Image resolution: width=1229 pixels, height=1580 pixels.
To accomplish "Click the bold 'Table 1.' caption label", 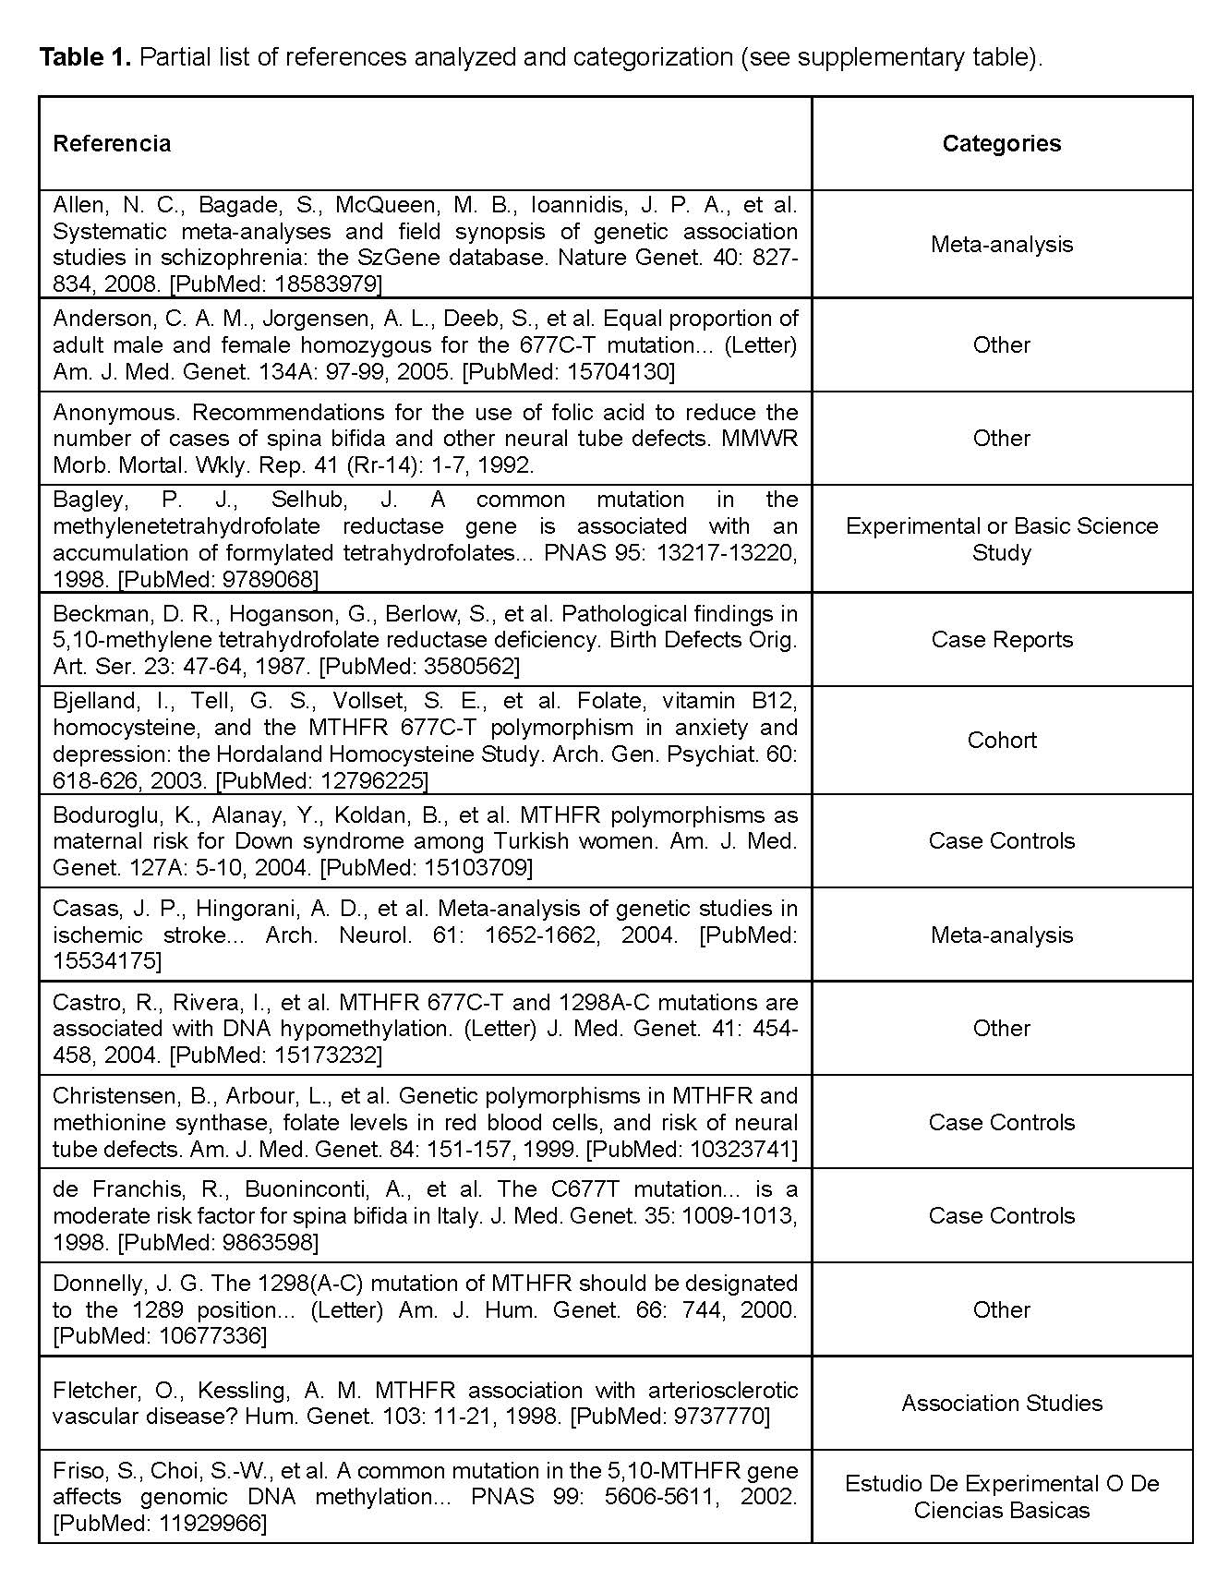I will pos(85,57).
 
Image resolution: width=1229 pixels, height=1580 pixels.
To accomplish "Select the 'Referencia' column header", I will pos(112,143).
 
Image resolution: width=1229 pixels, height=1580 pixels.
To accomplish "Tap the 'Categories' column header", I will pos(1001,143).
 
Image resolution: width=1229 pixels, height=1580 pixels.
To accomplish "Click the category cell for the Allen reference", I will pos(1001,244).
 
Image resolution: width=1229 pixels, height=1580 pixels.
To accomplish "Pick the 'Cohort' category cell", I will pos(1001,740).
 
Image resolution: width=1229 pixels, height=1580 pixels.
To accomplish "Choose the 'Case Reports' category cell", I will pos(1001,639).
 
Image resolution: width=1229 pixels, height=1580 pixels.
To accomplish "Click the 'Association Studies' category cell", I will pos(1001,1403).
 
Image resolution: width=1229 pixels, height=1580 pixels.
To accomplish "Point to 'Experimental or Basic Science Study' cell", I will pos(1001,538).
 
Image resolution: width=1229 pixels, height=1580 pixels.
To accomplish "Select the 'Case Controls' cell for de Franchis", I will pos(1001,1215).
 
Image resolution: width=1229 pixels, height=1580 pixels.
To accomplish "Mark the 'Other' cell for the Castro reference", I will pos(1001,1028).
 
